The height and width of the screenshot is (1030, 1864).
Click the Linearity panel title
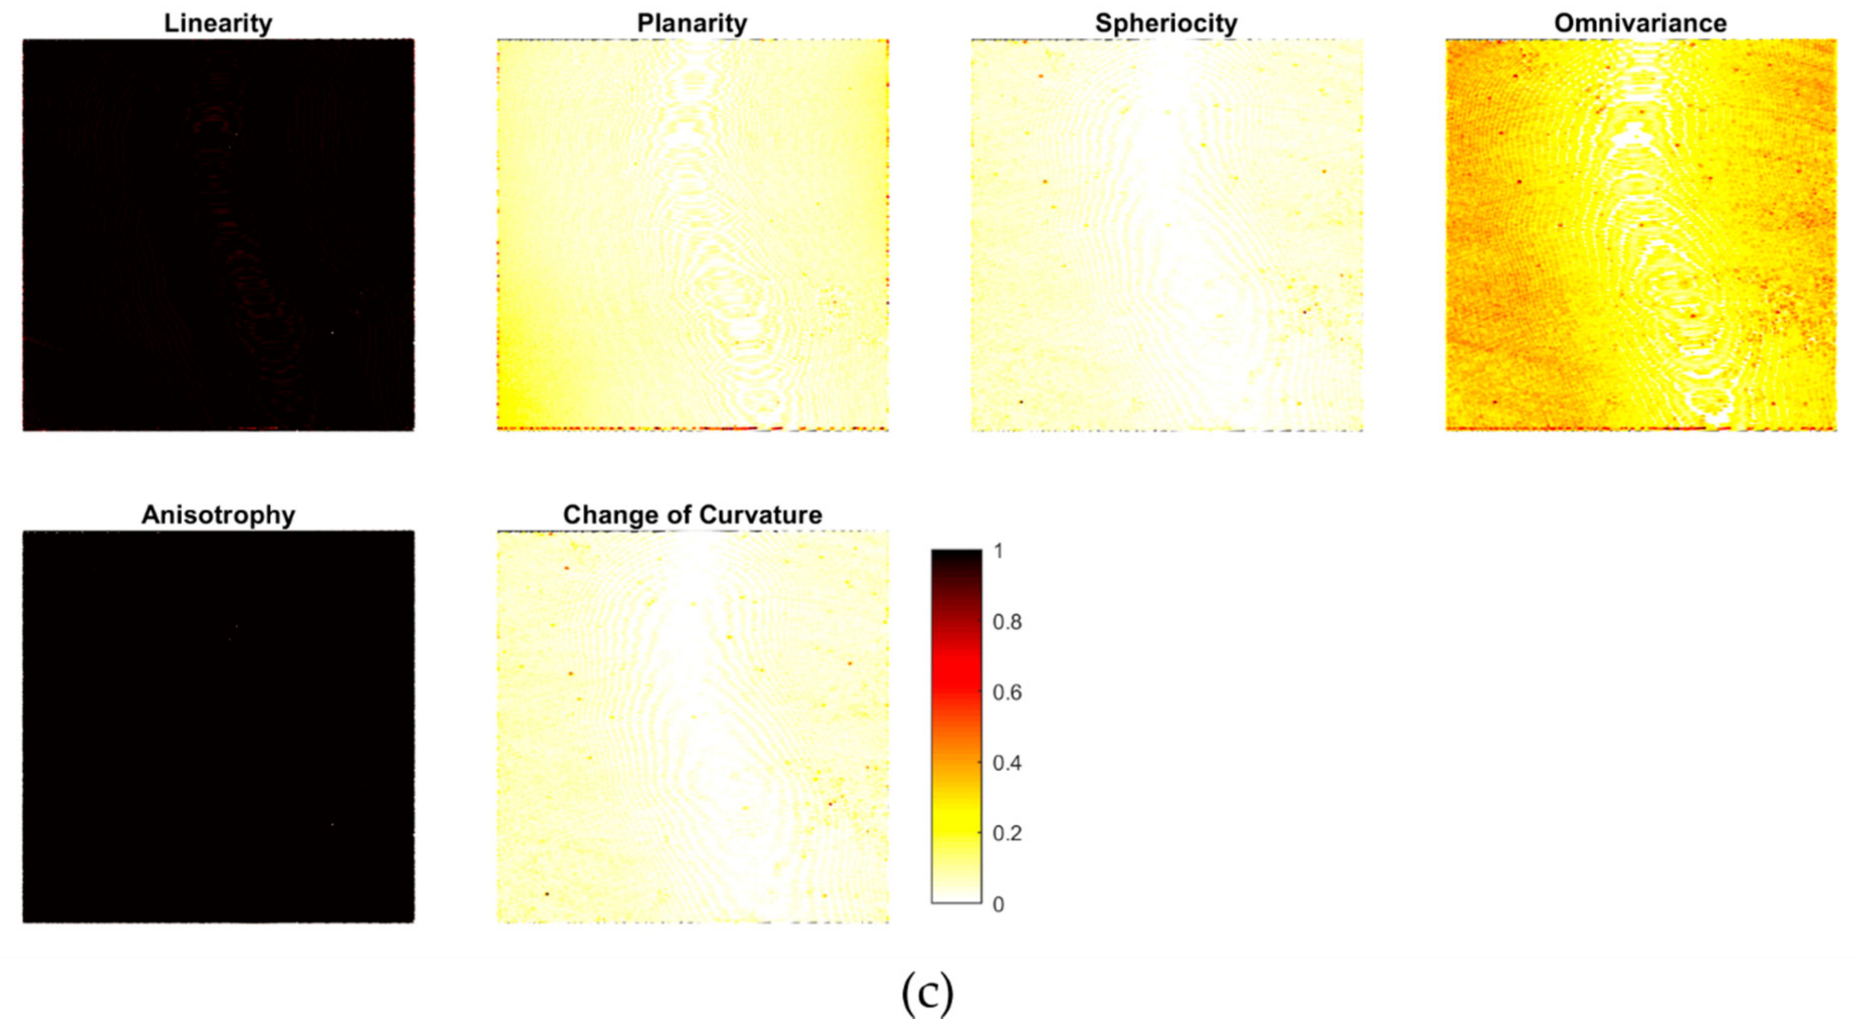(218, 23)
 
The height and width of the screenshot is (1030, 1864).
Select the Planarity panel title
(692, 23)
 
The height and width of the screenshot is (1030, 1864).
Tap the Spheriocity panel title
(1166, 23)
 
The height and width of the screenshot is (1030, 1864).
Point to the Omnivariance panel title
(1640, 23)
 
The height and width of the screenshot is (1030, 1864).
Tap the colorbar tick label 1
(999, 552)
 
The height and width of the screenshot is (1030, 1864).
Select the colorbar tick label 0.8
(1007, 622)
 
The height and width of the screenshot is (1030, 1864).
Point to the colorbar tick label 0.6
(1007, 693)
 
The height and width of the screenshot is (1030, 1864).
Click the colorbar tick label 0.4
(1007, 763)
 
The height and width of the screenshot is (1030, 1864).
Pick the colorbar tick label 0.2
(1007, 833)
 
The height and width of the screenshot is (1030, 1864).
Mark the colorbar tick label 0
(999, 904)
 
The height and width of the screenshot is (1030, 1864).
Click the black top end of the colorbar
(956, 561)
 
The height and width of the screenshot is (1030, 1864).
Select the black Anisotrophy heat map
(218, 727)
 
